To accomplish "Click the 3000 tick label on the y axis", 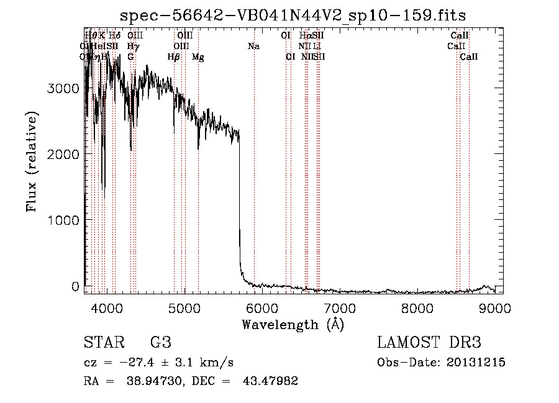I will pyautogui.click(x=63, y=88).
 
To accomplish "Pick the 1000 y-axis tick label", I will pyautogui.click(x=63, y=220).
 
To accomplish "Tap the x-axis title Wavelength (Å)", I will pyautogui.click(x=293, y=324).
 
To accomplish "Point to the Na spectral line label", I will pyautogui.click(x=253, y=46).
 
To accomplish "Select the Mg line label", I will pyautogui.click(x=198, y=57).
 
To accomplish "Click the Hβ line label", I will pyautogui.click(x=174, y=57).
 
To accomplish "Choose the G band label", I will pyautogui.click(x=130, y=57).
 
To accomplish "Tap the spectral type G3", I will pyautogui.click(x=160, y=343).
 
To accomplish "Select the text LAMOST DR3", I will pyautogui.click(x=429, y=343).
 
